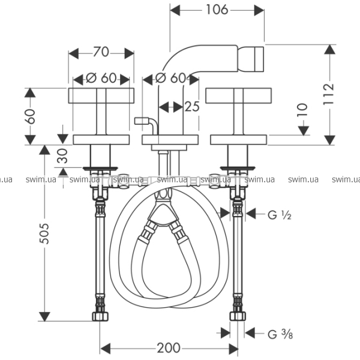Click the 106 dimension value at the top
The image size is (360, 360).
pyautogui.click(x=217, y=10)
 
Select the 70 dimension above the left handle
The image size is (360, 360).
pyautogui.click(x=101, y=52)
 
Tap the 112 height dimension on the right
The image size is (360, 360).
pyautogui.click(x=329, y=94)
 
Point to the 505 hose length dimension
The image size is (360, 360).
pyautogui.click(x=44, y=233)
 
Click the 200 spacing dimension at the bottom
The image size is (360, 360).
pyautogui.click(x=169, y=348)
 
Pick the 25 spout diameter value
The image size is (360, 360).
pyautogui.click(x=192, y=107)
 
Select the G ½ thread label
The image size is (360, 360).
pyautogui.click(x=280, y=215)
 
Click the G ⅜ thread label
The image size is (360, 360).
pyautogui.click(x=280, y=334)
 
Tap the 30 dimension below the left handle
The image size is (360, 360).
pyautogui.click(x=62, y=156)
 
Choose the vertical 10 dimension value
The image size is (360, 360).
pyautogui.click(x=302, y=110)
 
